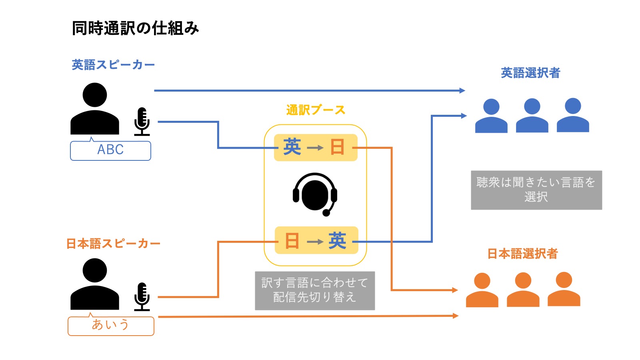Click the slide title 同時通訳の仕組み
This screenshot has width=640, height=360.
135,28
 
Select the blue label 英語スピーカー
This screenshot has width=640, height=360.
113,65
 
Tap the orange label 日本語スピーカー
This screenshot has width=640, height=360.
113,244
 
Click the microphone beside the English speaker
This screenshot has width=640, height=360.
142,122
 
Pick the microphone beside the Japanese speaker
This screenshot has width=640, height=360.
142,297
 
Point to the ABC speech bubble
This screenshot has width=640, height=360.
110,150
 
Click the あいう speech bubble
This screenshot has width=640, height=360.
111,325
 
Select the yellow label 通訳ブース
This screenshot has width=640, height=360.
316,110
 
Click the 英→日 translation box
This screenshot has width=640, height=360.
315,148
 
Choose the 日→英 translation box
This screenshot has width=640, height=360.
316,241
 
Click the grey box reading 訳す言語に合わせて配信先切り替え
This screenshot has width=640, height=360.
315,290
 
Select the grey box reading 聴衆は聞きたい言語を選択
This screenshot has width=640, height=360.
536,190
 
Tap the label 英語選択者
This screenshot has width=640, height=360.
530,73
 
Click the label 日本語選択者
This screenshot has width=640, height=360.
522,254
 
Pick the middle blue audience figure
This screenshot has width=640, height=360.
532,116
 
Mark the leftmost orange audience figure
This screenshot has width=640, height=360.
482,290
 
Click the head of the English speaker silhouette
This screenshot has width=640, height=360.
95,95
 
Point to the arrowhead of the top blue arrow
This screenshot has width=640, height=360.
463,91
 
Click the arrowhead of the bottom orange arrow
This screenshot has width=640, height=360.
456,316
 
